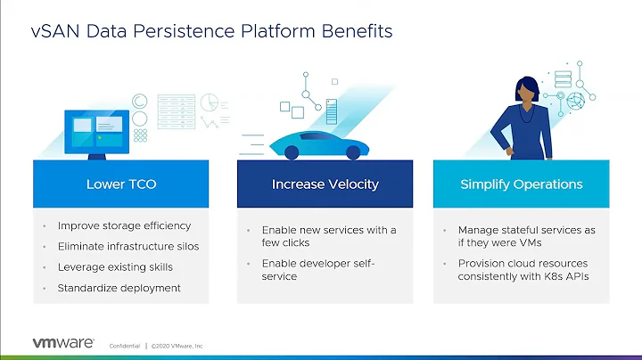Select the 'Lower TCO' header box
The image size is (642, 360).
(x=121, y=184)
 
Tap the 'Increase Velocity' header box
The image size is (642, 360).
(x=325, y=184)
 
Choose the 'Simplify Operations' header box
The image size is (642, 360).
(x=521, y=184)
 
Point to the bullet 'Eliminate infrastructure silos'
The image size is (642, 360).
(x=128, y=246)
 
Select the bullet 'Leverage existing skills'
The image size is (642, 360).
(x=114, y=266)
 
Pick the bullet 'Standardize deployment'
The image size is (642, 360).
(x=119, y=287)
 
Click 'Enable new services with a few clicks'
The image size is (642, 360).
(x=328, y=236)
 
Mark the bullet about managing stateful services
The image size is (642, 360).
(x=525, y=236)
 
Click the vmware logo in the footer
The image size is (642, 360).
(x=63, y=343)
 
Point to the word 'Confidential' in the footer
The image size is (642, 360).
(x=125, y=346)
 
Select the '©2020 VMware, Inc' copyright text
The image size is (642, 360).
(x=177, y=346)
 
